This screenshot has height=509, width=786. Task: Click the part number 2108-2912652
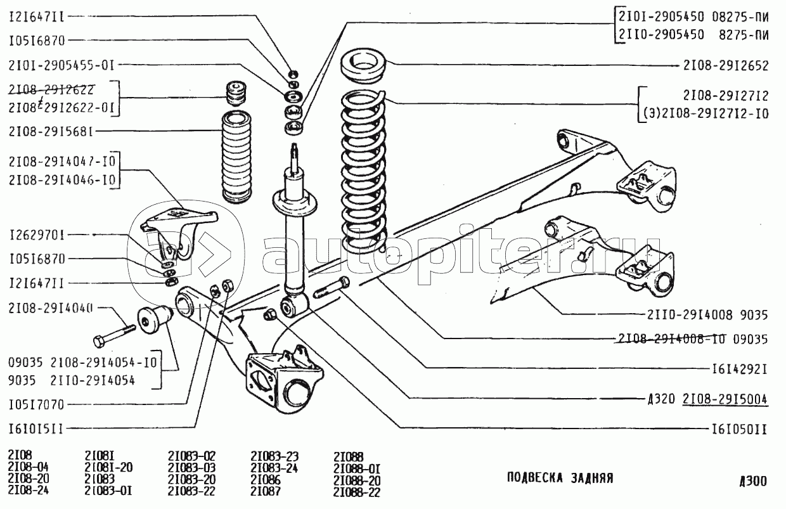tap(726, 65)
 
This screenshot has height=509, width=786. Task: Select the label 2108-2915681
tap(52, 132)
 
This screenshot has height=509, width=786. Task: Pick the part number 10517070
tap(41, 404)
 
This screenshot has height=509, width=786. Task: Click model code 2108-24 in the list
tap(29, 490)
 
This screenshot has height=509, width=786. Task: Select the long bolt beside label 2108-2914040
tap(115, 334)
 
